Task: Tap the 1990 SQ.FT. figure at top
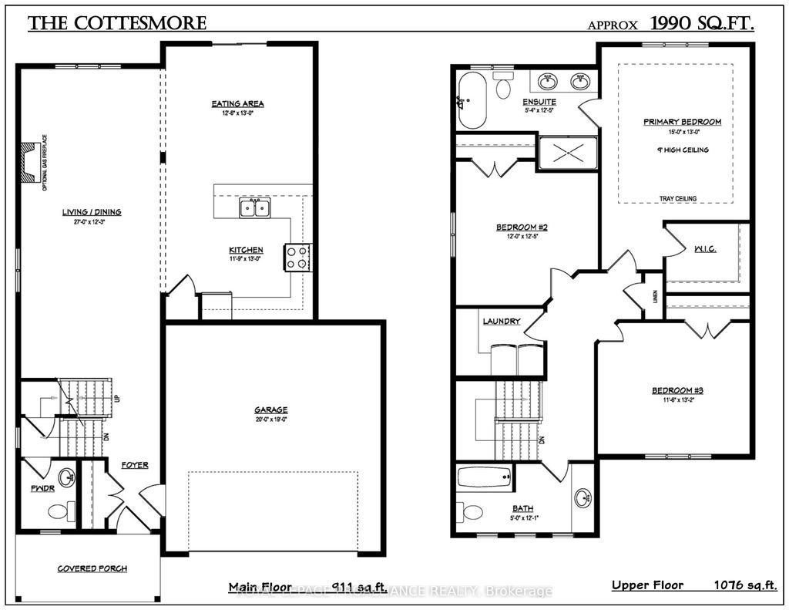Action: coord(702,23)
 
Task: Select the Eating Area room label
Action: coord(238,103)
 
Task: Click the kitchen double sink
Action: coord(253,207)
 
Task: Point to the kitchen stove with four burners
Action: coord(297,257)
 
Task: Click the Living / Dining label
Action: coord(92,212)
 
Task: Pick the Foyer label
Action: coord(134,465)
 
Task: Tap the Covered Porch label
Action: coord(92,569)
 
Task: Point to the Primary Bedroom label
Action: coord(683,122)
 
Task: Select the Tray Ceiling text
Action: coord(678,199)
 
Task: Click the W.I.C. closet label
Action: coord(705,249)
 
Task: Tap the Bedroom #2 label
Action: coord(521,227)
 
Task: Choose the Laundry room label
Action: coord(502,321)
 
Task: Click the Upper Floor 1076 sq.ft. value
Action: coord(742,585)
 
